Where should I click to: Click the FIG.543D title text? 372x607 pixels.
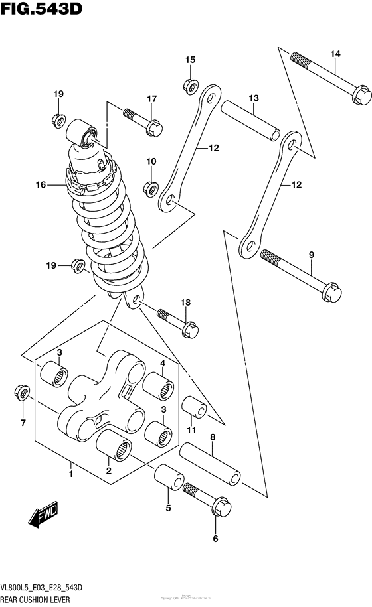point(41,11)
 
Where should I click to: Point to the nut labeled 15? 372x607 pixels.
point(190,85)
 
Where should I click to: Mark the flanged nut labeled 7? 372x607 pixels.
point(22,394)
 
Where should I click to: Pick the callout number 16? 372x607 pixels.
point(41,185)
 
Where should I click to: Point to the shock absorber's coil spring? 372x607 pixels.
point(110,232)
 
